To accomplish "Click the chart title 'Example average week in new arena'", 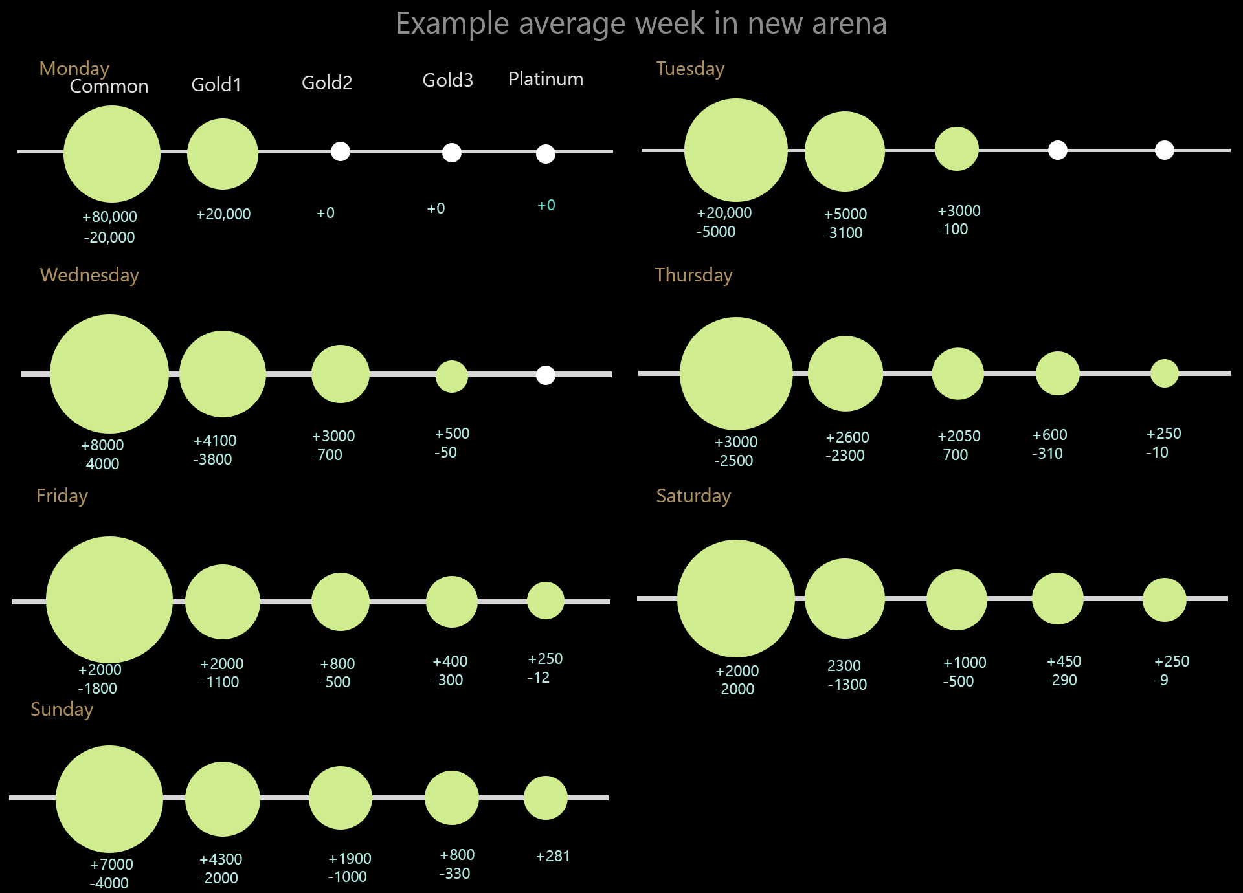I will pyautogui.click(x=641, y=24).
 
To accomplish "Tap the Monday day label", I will pyautogui.click(x=74, y=69).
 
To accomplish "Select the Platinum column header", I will pyautogui.click(x=546, y=79).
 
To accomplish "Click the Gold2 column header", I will pyautogui.click(x=327, y=83).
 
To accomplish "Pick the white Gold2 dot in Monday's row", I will pyautogui.click(x=341, y=151).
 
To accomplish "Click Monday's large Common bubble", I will pyautogui.click(x=112, y=154).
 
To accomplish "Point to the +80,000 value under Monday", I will pyautogui.click(x=110, y=217).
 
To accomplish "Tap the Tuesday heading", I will pyautogui.click(x=690, y=69).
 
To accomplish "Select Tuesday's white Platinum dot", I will pyautogui.click(x=1164, y=150).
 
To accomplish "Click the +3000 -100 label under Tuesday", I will pyautogui.click(x=958, y=220).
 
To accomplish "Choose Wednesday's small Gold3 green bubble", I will pyautogui.click(x=452, y=376).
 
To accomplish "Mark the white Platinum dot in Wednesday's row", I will pyautogui.click(x=546, y=375).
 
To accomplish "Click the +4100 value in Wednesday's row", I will pyautogui.click(x=215, y=441).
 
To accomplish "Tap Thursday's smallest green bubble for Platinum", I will pyautogui.click(x=1164, y=373).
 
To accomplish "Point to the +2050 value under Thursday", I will pyautogui.click(x=959, y=436).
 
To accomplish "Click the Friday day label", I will pyautogui.click(x=62, y=496).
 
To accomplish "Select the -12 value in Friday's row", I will pyautogui.click(x=539, y=678).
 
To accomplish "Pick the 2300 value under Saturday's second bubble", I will pyautogui.click(x=844, y=666).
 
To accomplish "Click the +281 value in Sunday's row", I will pyautogui.click(x=553, y=856).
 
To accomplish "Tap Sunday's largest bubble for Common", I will pyautogui.click(x=109, y=799).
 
